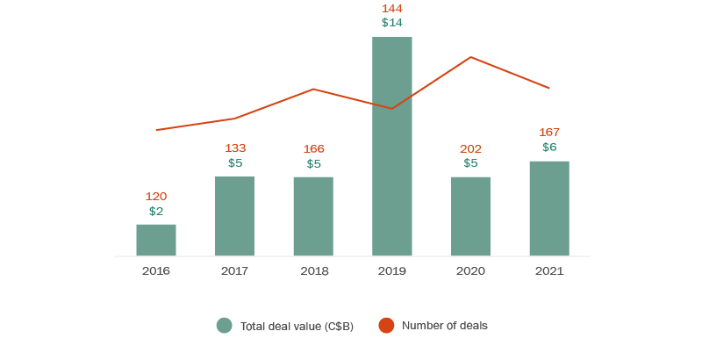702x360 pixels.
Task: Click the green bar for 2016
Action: point(156,240)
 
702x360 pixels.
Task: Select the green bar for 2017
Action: point(234,216)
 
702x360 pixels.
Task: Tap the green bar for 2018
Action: point(313,216)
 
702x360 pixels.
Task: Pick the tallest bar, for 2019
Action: point(391,146)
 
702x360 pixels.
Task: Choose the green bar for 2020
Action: point(470,216)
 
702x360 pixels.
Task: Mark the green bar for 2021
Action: point(549,208)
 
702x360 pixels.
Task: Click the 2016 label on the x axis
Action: point(156,271)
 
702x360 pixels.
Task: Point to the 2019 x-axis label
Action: point(391,271)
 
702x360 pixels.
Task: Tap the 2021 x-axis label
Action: point(549,271)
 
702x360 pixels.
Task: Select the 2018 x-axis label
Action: point(313,271)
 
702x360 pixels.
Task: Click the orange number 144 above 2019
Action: point(391,8)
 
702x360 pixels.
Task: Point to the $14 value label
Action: point(391,22)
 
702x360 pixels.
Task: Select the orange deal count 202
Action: point(470,148)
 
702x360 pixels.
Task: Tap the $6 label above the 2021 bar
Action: point(549,147)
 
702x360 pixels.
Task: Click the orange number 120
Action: point(156,197)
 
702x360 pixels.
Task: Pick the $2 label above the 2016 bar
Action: point(156,211)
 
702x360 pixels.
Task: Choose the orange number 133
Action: point(234,148)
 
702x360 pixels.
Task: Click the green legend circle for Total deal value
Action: point(225,326)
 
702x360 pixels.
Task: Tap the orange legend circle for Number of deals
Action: point(386,326)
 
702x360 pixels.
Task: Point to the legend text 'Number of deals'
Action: point(444,326)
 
